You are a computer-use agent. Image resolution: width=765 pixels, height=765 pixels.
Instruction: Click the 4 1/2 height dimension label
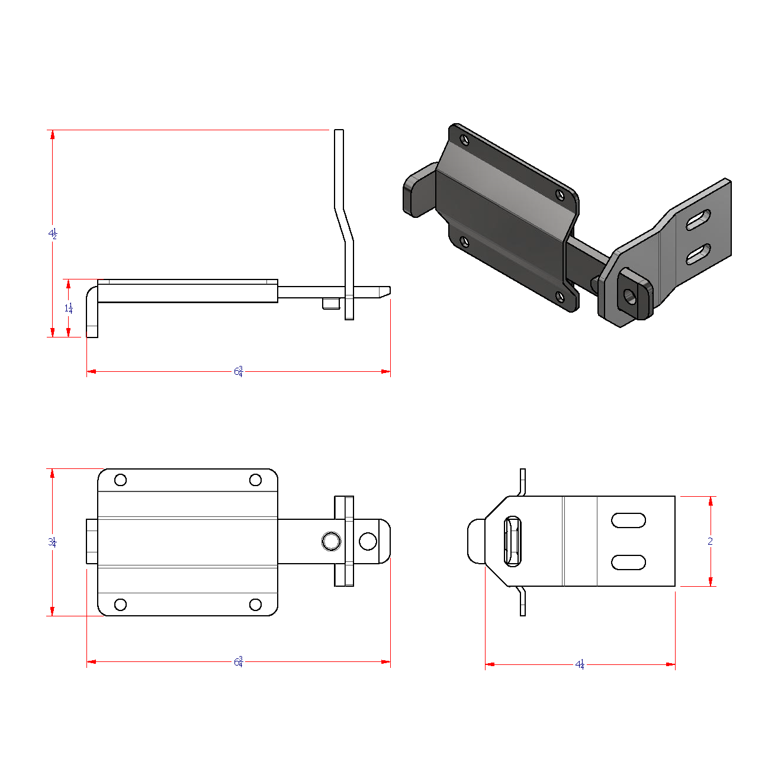click(53, 234)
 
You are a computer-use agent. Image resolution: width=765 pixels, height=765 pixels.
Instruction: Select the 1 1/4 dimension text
click(69, 308)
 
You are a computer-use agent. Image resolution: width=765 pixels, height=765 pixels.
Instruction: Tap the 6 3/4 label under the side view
click(238, 371)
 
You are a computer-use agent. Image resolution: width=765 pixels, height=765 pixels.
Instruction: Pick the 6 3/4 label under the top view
click(238, 661)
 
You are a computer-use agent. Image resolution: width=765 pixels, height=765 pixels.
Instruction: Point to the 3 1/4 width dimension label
click(52, 542)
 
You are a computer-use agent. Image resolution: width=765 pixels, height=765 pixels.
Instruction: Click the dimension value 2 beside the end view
click(711, 541)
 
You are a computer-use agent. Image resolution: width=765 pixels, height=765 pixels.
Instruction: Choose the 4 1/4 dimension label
click(580, 664)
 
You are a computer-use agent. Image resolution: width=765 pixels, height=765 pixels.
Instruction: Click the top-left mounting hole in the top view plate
click(120, 480)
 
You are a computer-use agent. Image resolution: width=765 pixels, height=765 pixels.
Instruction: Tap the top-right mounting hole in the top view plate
click(255, 480)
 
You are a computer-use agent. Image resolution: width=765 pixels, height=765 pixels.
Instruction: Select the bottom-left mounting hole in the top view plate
click(120, 605)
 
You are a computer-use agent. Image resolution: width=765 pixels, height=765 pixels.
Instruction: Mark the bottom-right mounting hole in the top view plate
click(255, 605)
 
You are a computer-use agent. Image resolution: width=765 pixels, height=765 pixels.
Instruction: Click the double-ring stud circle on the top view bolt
click(331, 541)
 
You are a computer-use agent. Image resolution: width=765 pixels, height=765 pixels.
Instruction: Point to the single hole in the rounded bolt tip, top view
click(368, 541)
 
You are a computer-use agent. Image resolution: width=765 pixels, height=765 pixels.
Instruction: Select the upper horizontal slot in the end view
click(628, 520)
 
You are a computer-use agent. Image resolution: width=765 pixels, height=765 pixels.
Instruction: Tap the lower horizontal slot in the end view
click(628, 562)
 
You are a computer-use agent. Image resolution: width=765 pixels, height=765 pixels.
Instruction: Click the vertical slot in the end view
click(512, 541)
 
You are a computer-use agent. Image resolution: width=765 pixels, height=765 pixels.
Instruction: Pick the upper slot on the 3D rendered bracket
click(699, 220)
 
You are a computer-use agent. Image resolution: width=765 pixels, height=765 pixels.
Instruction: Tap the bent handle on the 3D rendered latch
click(418, 191)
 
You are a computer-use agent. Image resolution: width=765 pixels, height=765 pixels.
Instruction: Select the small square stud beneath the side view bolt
click(330, 303)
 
